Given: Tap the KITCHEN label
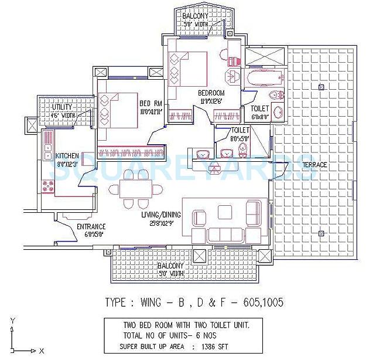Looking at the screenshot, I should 67,155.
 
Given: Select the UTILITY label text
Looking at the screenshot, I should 62,107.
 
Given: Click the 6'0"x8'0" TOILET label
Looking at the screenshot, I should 259,108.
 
